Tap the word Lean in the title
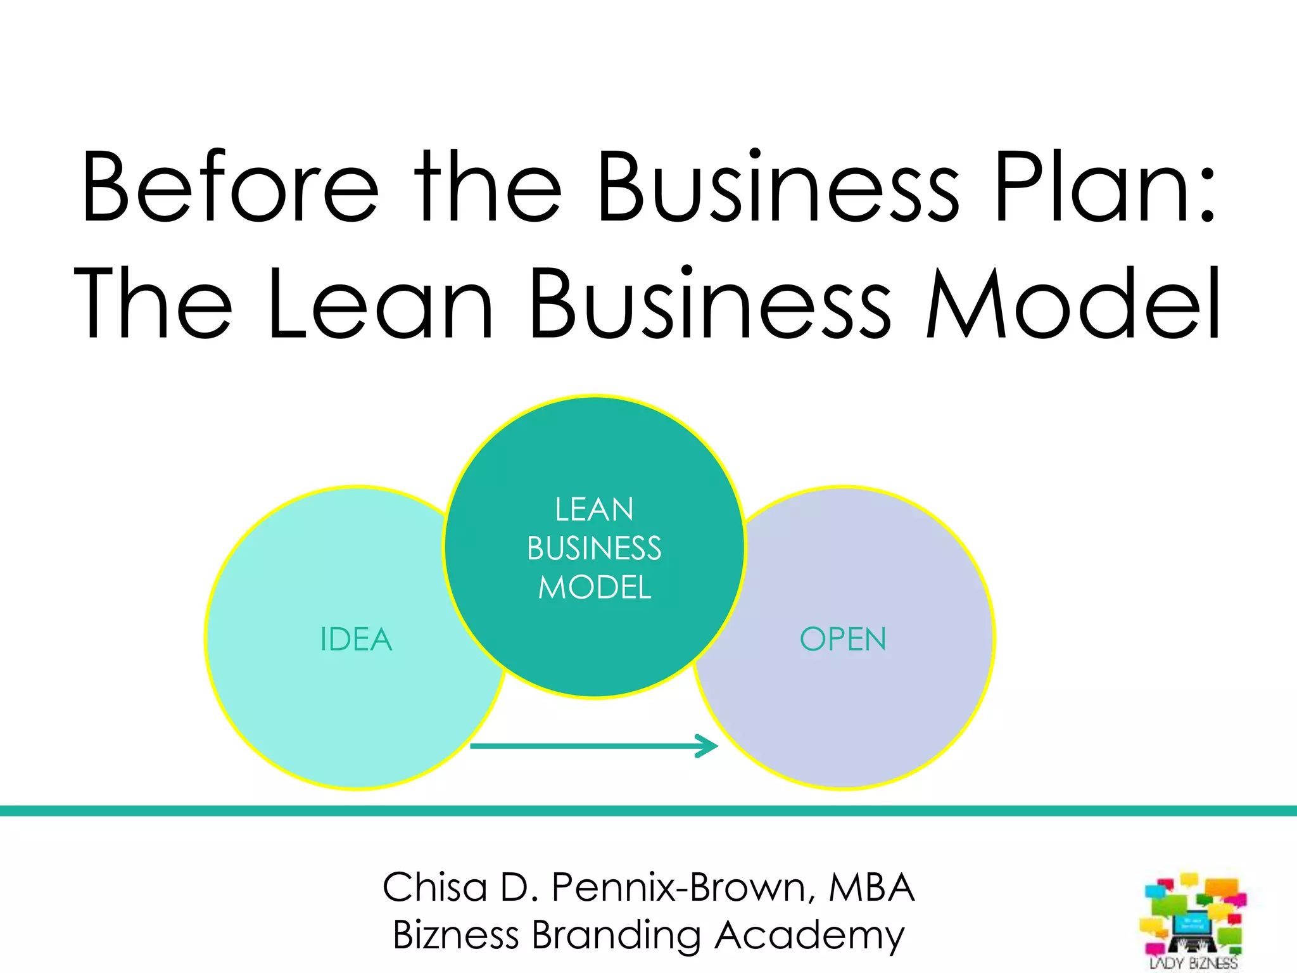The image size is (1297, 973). pyautogui.click(x=380, y=303)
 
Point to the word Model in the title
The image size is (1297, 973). pyautogui.click(x=1073, y=303)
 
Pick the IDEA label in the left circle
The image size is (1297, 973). pyautogui.click(x=356, y=639)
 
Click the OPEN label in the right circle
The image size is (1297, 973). pyautogui.click(x=843, y=639)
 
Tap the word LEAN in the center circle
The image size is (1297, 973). pyautogui.click(x=594, y=510)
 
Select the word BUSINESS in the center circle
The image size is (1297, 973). pyautogui.click(x=594, y=549)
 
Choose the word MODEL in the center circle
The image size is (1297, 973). pyautogui.click(x=595, y=587)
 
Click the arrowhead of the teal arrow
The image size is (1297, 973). pyautogui.click(x=708, y=746)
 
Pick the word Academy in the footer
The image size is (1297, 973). pyautogui.click(x=810, y=936)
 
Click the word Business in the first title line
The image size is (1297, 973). pyautogui.click(x=778, y=188)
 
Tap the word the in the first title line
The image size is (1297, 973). pyautogui.click(x=488, y=188)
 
